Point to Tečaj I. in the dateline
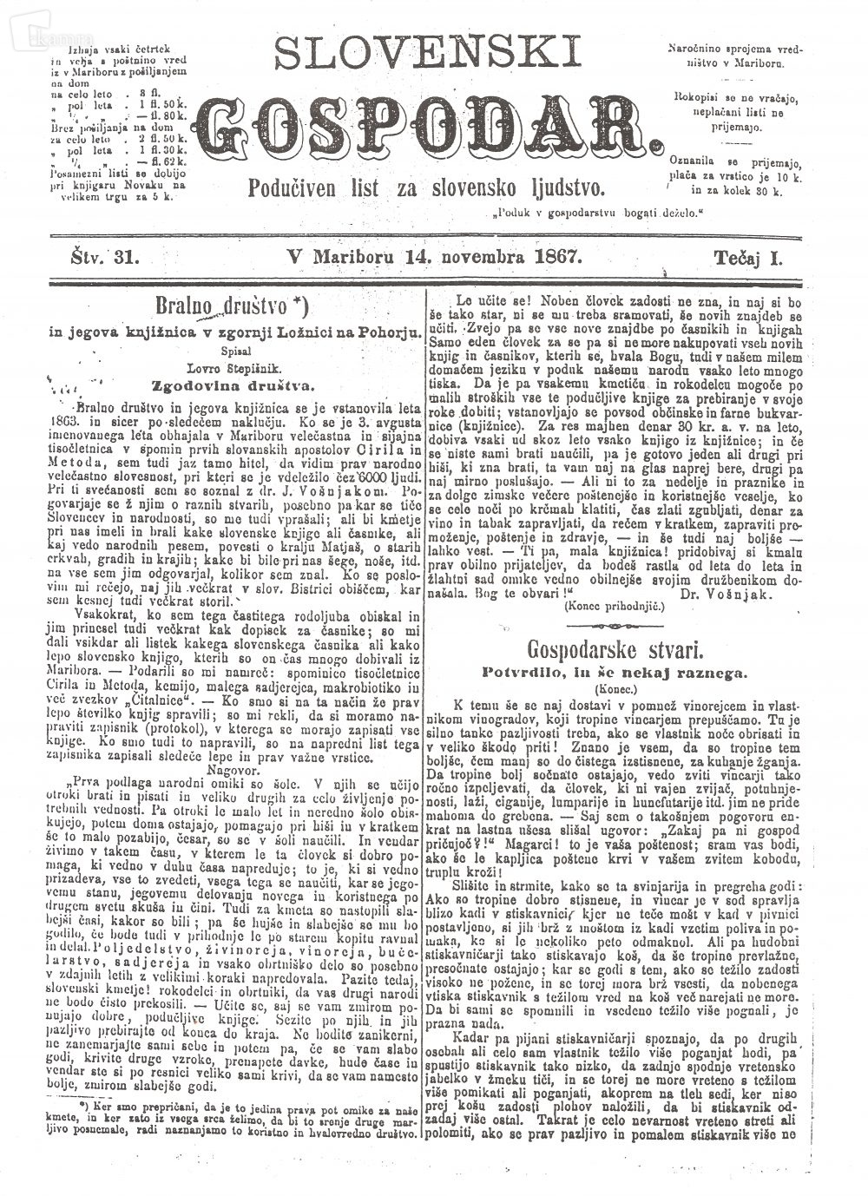(747, 258)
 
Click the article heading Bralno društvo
(220, 305)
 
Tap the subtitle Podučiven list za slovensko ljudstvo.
(426, 187)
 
